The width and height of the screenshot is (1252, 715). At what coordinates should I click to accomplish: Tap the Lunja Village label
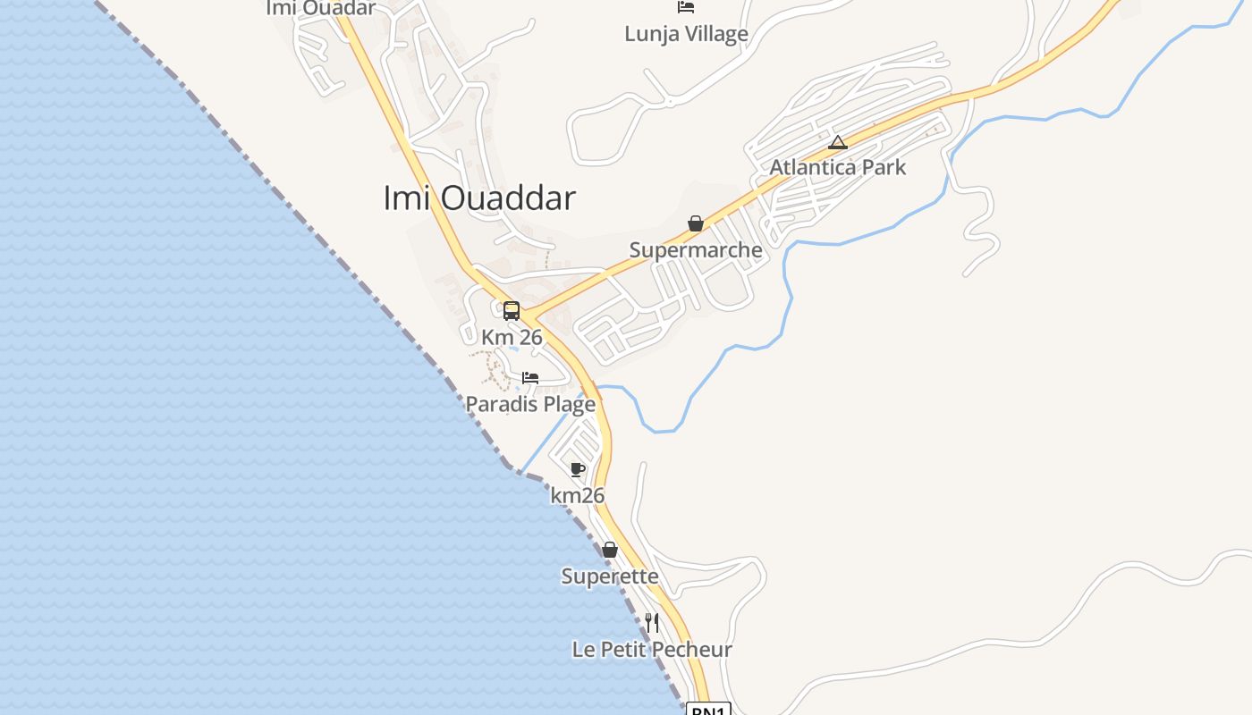(x=686, y=34)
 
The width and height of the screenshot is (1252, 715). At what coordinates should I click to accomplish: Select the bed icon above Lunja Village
(x=686, y=7)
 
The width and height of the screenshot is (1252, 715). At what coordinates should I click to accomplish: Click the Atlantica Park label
(x=838, y=167)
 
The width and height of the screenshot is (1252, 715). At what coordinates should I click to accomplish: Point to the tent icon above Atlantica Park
(x=837, y=142)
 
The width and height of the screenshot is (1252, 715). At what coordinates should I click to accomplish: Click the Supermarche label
(x=696, y=249)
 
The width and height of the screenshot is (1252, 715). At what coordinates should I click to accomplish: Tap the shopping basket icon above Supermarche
(x=696, y=223)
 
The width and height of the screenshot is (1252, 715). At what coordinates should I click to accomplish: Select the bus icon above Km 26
(x=512, y=311)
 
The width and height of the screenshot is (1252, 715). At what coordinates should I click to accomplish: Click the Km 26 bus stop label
(x=512, y=337)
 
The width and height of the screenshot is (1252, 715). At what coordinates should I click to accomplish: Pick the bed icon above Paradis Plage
(x=530, y=378)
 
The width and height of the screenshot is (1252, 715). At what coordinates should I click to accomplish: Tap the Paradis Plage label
(x=530, y=404)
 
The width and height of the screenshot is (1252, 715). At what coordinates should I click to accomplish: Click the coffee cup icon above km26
(x=578, y=469)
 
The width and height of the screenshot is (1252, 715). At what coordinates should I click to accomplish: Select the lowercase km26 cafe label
(x=578, y=495)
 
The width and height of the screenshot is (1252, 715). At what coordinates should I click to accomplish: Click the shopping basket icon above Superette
(x=610, y=550)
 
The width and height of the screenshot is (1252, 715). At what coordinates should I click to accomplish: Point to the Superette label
(x=610, y=576)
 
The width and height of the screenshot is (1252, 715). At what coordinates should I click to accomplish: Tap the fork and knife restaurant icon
(x=652, y=622)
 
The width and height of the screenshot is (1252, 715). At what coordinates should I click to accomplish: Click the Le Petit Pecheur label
(x=652, y=650)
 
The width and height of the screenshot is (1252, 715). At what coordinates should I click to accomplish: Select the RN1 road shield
(x=709, y=710)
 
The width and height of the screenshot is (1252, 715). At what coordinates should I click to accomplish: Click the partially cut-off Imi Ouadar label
(x=321, y=8)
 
